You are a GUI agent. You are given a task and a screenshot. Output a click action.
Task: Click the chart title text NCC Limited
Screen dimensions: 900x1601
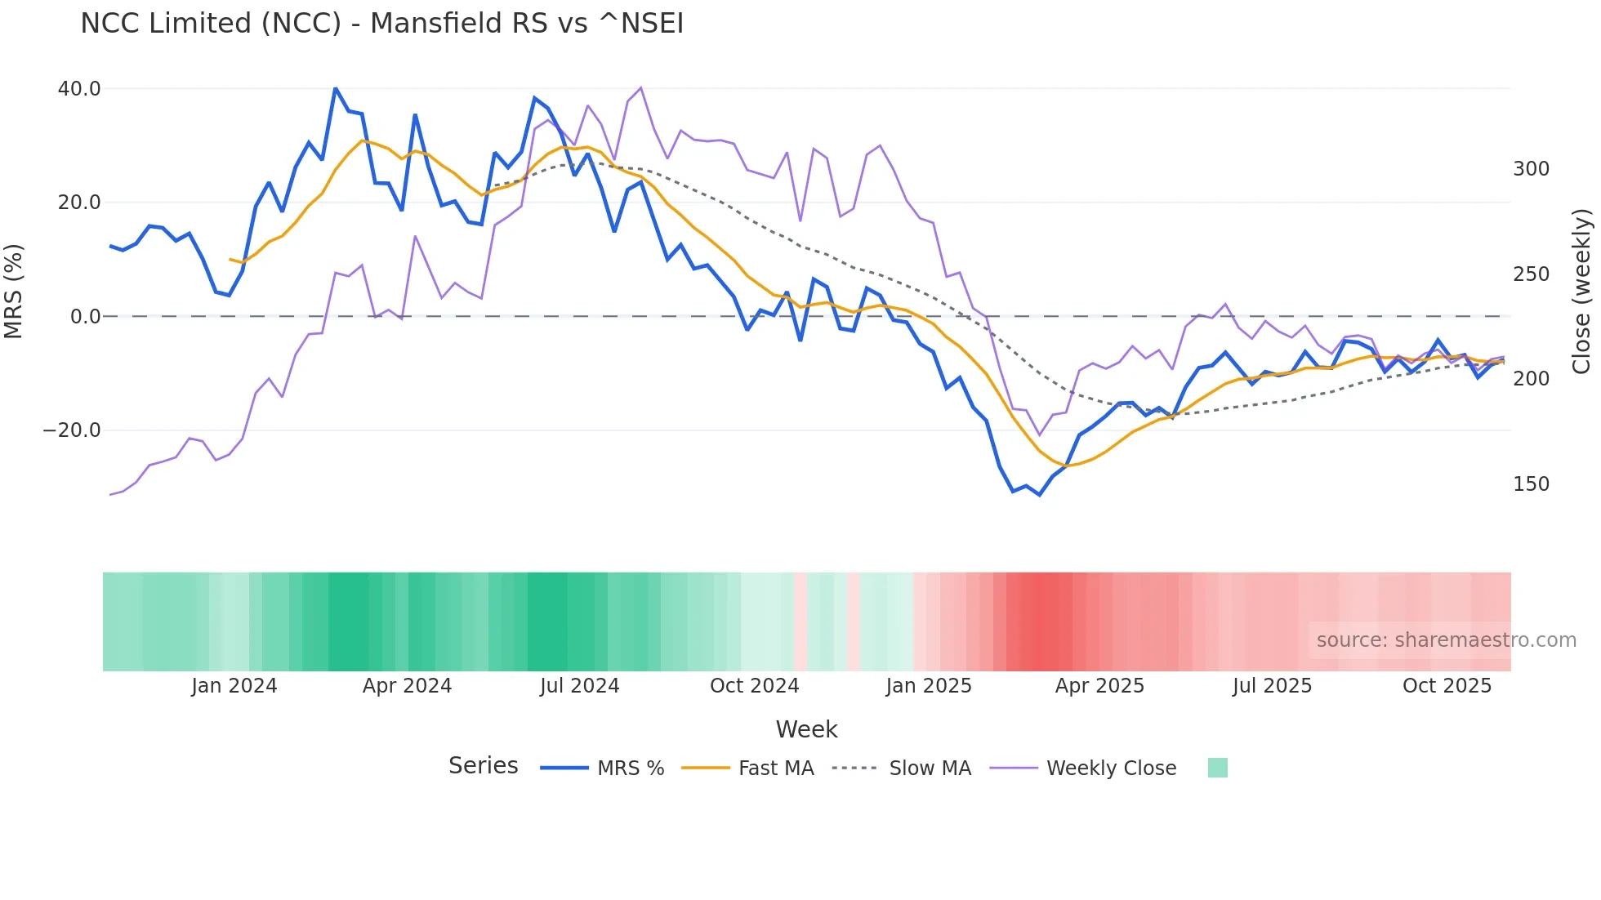[x=381, y=24]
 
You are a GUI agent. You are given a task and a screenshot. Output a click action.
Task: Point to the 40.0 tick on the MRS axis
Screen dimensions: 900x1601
[x=79, y=88]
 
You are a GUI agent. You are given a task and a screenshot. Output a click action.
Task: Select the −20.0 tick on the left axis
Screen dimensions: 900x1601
[x=72, y=430]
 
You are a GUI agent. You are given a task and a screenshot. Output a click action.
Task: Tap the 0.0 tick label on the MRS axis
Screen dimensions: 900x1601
[x=86, y=317]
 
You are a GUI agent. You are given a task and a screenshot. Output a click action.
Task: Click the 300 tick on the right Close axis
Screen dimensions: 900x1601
[x=1531, y=169]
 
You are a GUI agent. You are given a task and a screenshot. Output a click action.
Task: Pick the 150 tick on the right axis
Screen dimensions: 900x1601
[x=1531, y=484]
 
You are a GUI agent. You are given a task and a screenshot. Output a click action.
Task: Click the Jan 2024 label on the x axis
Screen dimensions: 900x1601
[x=234, y=686]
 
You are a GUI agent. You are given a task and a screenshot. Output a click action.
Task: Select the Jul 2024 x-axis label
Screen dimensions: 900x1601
[x=579, y=686]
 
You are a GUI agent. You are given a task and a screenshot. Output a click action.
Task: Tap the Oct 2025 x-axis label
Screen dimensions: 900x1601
[x=1447, y=686]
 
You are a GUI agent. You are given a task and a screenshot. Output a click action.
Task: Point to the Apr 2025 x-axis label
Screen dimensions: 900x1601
[x=1099, y=686]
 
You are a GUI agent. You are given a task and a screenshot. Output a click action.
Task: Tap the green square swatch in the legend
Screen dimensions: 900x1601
[x=1217, y=768]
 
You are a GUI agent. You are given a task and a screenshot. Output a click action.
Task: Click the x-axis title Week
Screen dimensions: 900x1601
[x=806, y=729]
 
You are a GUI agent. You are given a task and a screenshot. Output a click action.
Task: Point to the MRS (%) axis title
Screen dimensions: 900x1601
[x=14, y=291]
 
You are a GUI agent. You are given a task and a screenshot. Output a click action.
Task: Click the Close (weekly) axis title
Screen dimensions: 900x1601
[x=1581, y=291]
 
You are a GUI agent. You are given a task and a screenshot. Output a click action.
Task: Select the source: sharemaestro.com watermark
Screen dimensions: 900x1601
[x=1446, y=640]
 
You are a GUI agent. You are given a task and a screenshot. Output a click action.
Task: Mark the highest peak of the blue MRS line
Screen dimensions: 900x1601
[x=336, y=88]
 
